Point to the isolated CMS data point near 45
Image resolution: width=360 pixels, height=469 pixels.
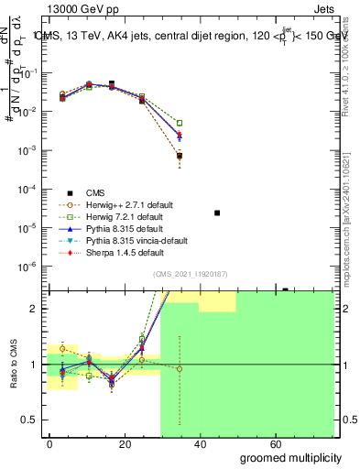(x=217, y=213)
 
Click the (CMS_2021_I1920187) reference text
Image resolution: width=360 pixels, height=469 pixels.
(x=190, y=274)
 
